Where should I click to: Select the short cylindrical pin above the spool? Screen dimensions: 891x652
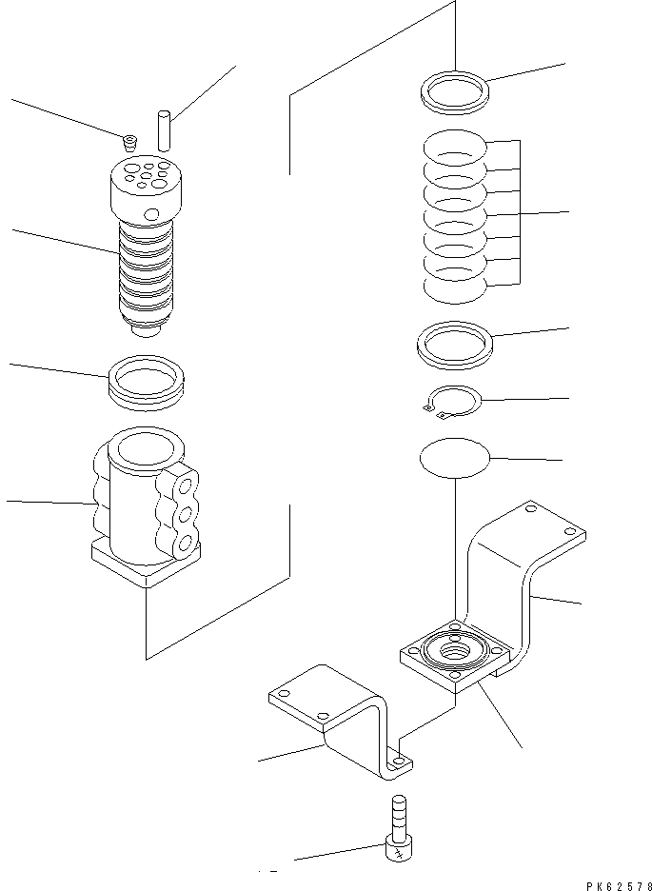(163, 129)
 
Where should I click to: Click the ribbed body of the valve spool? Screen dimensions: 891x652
(147, 276)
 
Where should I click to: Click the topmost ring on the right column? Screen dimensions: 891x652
(455, 90)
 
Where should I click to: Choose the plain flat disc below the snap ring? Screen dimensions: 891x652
(455, 457)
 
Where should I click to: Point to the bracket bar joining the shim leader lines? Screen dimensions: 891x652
(520, 212)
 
